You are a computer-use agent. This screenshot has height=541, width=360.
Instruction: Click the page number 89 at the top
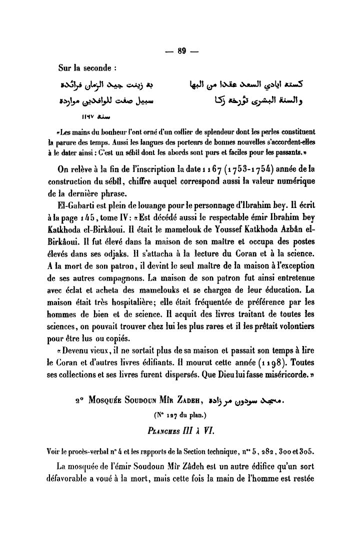click(181, 50)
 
